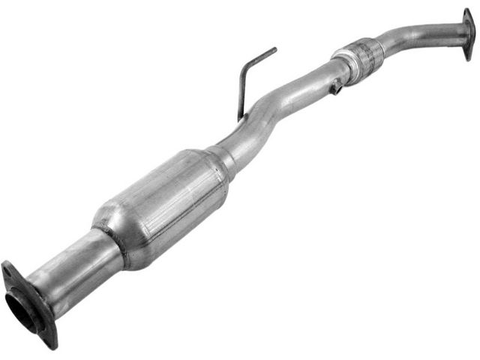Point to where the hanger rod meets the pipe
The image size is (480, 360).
tap(241, 118)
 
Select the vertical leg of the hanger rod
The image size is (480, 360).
tap(241, 94)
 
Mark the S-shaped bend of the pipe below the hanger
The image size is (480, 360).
tap(262, 112)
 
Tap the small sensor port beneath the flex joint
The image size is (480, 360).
tap(336, 88)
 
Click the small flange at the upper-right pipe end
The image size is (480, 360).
tap(468, 34)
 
